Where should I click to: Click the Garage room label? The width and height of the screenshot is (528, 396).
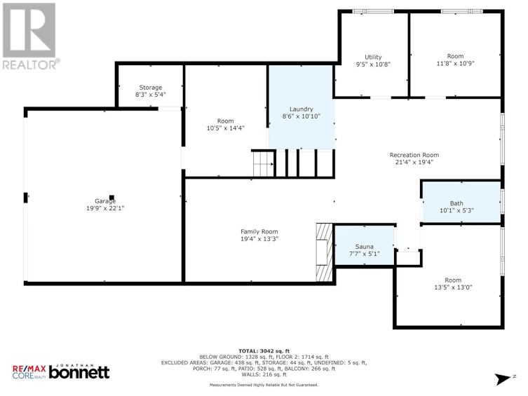click(x=105, y=201)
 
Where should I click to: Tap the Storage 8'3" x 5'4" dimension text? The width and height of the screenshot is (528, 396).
click(x=151, y=95)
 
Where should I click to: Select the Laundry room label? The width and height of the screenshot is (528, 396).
click(x=301, y=109)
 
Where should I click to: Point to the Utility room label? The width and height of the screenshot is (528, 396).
click(x=373, y=57)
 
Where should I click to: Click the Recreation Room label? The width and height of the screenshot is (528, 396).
click(x=414, y=155)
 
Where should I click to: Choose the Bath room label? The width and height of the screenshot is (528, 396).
click(x=456, y=203)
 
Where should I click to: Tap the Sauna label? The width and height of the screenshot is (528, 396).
click(x=364, y=247)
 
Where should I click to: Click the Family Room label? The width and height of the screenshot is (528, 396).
click(x=259, y=232)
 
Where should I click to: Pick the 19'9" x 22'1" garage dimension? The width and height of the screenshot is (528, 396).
click(x=105, y=209)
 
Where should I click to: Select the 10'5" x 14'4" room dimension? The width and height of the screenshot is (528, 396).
click(x=225, y=128)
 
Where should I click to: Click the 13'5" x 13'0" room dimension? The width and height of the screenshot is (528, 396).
click(x=453, y=287)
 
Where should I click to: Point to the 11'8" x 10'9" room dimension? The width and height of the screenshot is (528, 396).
click(x=455, y=63)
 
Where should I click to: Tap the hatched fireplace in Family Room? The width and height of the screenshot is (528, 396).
click(x=324, y=252)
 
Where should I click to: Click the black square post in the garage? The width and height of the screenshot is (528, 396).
click(x=111, y=198)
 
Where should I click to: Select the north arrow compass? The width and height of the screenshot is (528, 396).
click(x=503, y=379)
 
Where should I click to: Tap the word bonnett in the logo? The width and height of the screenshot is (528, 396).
click(x=79, y=372)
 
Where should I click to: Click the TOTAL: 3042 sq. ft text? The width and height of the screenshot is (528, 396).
click(x=264, y=351)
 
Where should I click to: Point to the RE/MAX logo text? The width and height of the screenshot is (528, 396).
click(x=29, y=369)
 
